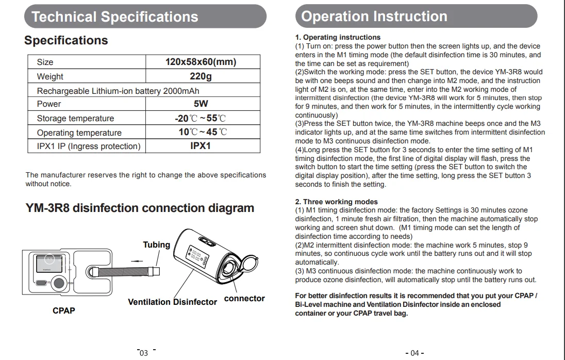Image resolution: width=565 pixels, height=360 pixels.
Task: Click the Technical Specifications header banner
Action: tap(145, 17)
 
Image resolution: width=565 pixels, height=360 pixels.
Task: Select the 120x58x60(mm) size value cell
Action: tap(201, 62)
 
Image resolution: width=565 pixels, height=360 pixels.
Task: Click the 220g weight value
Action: tap(201, 76)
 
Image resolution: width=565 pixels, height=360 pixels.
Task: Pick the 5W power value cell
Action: tap(201, 104)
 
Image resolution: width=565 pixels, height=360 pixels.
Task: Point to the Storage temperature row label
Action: tap(75, 118)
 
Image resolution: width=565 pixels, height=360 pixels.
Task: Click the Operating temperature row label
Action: tap(79, 133)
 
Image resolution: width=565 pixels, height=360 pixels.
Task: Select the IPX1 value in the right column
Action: tap(201, 146)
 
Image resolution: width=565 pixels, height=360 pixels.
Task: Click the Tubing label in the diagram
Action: tap(156, 244)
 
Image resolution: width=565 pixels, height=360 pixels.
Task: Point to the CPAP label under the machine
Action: tap(63, 311)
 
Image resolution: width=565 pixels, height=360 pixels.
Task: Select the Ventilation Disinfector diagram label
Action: tap(172, 302)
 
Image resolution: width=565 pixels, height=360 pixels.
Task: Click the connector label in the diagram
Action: tap(244, 298)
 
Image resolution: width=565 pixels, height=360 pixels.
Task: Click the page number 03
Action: tap(144, 353)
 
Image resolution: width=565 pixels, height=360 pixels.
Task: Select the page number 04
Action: tap(415, 353)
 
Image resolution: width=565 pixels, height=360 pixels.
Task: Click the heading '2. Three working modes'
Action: tap(336, 202)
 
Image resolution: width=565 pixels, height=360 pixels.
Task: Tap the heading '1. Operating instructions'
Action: tap(338, 37)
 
